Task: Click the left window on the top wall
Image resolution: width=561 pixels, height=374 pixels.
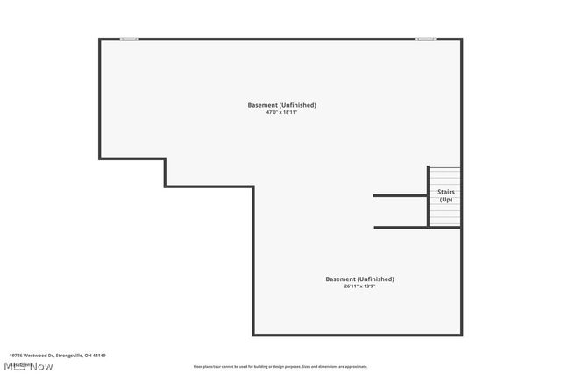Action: tap(130, 39)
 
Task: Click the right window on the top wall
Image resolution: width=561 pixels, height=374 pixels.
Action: tap(426, 39)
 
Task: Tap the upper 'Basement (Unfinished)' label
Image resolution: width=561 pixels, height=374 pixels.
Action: tap(281, 105)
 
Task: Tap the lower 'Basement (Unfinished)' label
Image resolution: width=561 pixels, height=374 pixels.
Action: tap(359, 279)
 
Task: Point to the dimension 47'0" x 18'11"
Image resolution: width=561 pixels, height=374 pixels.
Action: tap(281, 112)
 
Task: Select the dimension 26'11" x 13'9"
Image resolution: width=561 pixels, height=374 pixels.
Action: tap(359, 286)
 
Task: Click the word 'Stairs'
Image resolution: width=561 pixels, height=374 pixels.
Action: tap(446, 191)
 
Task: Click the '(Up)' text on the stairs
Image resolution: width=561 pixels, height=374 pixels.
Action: tap(446, 199)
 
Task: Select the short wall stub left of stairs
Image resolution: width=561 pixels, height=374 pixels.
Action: tap(400, 195)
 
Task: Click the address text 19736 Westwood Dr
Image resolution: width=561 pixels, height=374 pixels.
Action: tap(33, 356)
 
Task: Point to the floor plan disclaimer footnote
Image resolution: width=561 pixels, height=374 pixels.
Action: tap(280, 367)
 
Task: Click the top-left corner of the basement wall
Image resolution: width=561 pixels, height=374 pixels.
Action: tap(99, 39)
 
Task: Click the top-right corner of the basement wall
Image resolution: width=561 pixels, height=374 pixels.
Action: tap(461, 39)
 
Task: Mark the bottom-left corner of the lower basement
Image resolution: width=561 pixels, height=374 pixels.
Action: tap(254, 335)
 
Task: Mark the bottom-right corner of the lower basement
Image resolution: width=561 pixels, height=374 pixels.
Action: tap(461, 335)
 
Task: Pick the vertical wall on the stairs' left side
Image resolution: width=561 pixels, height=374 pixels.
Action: tap(428, 197)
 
